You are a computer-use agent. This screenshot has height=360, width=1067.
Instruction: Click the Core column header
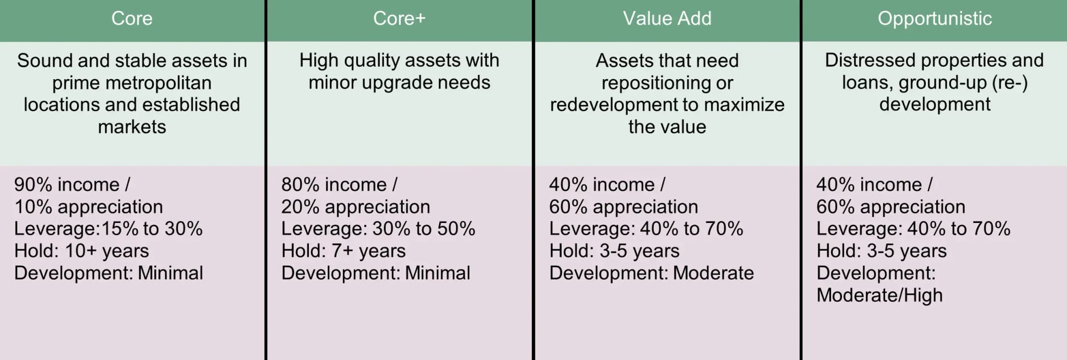click(x=132, y=19)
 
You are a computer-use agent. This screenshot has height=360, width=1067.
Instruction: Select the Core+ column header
click(x=399, y=19)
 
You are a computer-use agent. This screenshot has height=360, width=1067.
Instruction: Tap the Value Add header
click(x=667, y=19)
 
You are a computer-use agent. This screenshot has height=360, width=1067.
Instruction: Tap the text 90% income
click(x=67, y=184)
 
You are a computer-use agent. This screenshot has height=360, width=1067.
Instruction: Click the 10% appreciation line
click(x=89, y=207)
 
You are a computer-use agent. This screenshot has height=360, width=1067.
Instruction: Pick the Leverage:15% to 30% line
click(x=108, y=229)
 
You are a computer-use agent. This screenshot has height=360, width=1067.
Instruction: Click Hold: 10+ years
click(x=81, y=251)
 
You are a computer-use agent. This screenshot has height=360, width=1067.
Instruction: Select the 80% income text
click(x=334, y=184)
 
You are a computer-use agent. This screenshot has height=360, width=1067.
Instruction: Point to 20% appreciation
click(x=356, y=207)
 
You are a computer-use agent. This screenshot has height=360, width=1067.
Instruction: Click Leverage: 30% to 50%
click(x=378, y=229)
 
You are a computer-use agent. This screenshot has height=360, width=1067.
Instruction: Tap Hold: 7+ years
click(x=343, y=251)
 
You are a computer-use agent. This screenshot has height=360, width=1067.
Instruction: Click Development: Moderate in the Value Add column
click(x=651, y=274)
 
